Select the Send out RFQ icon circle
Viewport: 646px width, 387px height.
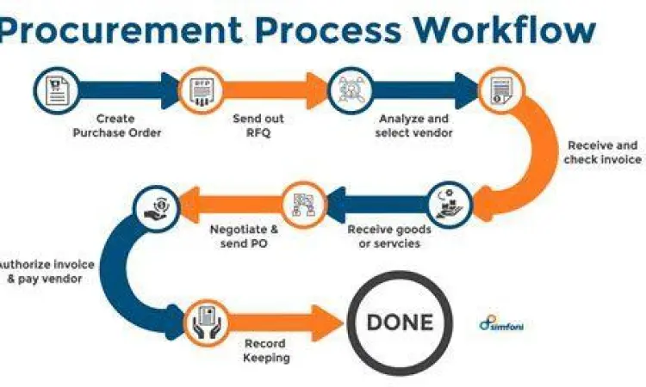[197, 89]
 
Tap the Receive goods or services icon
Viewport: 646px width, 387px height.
[449, 203]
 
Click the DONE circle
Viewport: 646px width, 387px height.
[401, 323]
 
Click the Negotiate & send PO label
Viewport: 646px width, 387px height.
[244, 236]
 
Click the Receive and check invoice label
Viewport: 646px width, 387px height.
[602, 152]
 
